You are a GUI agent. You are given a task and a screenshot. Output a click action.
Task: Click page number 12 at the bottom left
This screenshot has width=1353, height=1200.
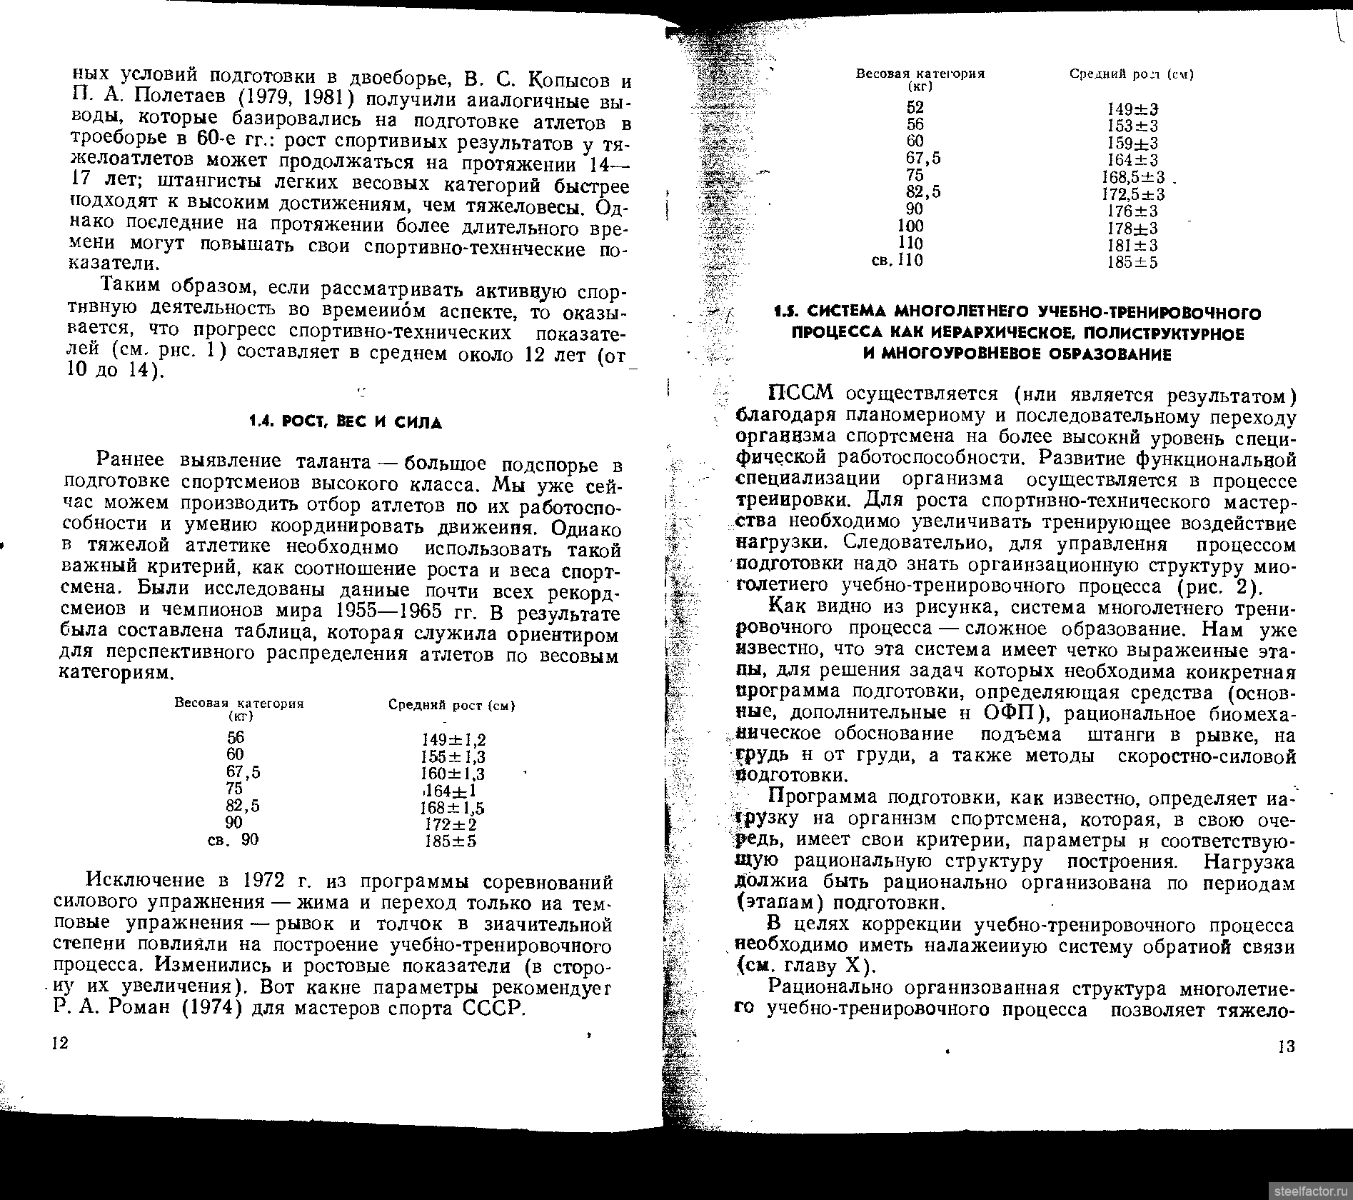point(59,1043)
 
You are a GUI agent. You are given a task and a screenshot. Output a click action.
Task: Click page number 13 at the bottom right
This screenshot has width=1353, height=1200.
point(1286,1047)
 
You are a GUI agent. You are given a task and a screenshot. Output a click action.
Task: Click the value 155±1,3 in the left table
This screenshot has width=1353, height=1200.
point(453,756)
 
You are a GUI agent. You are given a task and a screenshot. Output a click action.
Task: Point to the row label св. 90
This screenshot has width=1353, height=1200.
point(233,840)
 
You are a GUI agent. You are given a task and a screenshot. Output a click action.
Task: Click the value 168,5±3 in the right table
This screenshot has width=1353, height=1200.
point(1132,177)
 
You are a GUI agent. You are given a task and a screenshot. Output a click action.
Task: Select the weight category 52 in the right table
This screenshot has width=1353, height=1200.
point(915,107)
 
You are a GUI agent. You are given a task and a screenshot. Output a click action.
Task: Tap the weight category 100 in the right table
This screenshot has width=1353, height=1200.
point(910,226)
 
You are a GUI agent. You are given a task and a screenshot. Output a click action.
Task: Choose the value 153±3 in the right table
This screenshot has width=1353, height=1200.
point(1132,126)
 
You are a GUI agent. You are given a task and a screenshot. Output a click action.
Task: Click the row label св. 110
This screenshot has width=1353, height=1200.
point(897,261)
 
